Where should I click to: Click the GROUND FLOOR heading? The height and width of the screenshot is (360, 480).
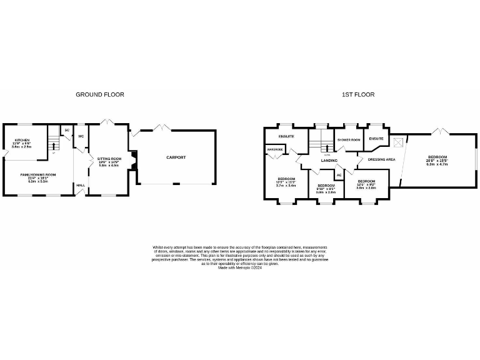point(100,94)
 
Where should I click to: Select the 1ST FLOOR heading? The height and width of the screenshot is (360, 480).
point(358,94)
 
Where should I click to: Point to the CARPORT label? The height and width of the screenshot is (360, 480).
point(176,157)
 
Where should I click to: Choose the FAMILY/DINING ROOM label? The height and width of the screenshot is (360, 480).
point(38,174)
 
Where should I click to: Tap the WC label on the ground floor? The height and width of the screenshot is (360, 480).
point(81,136)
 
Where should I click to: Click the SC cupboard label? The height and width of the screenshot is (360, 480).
point(66,131)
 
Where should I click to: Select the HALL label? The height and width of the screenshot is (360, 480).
point(81,185)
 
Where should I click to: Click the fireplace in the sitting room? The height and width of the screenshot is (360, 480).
point(133,159)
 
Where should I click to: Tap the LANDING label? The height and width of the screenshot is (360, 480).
point(329,161)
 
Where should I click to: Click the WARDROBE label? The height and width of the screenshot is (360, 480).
point(275,149)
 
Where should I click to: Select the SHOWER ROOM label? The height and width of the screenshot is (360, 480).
point(348,139)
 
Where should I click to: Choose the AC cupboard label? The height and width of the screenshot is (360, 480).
point(339,175)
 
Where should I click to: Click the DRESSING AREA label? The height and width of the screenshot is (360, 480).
point(381,159)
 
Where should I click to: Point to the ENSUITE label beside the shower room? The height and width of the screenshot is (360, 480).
point(376,138)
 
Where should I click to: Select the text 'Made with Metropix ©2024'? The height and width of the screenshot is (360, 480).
point(239,267)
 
